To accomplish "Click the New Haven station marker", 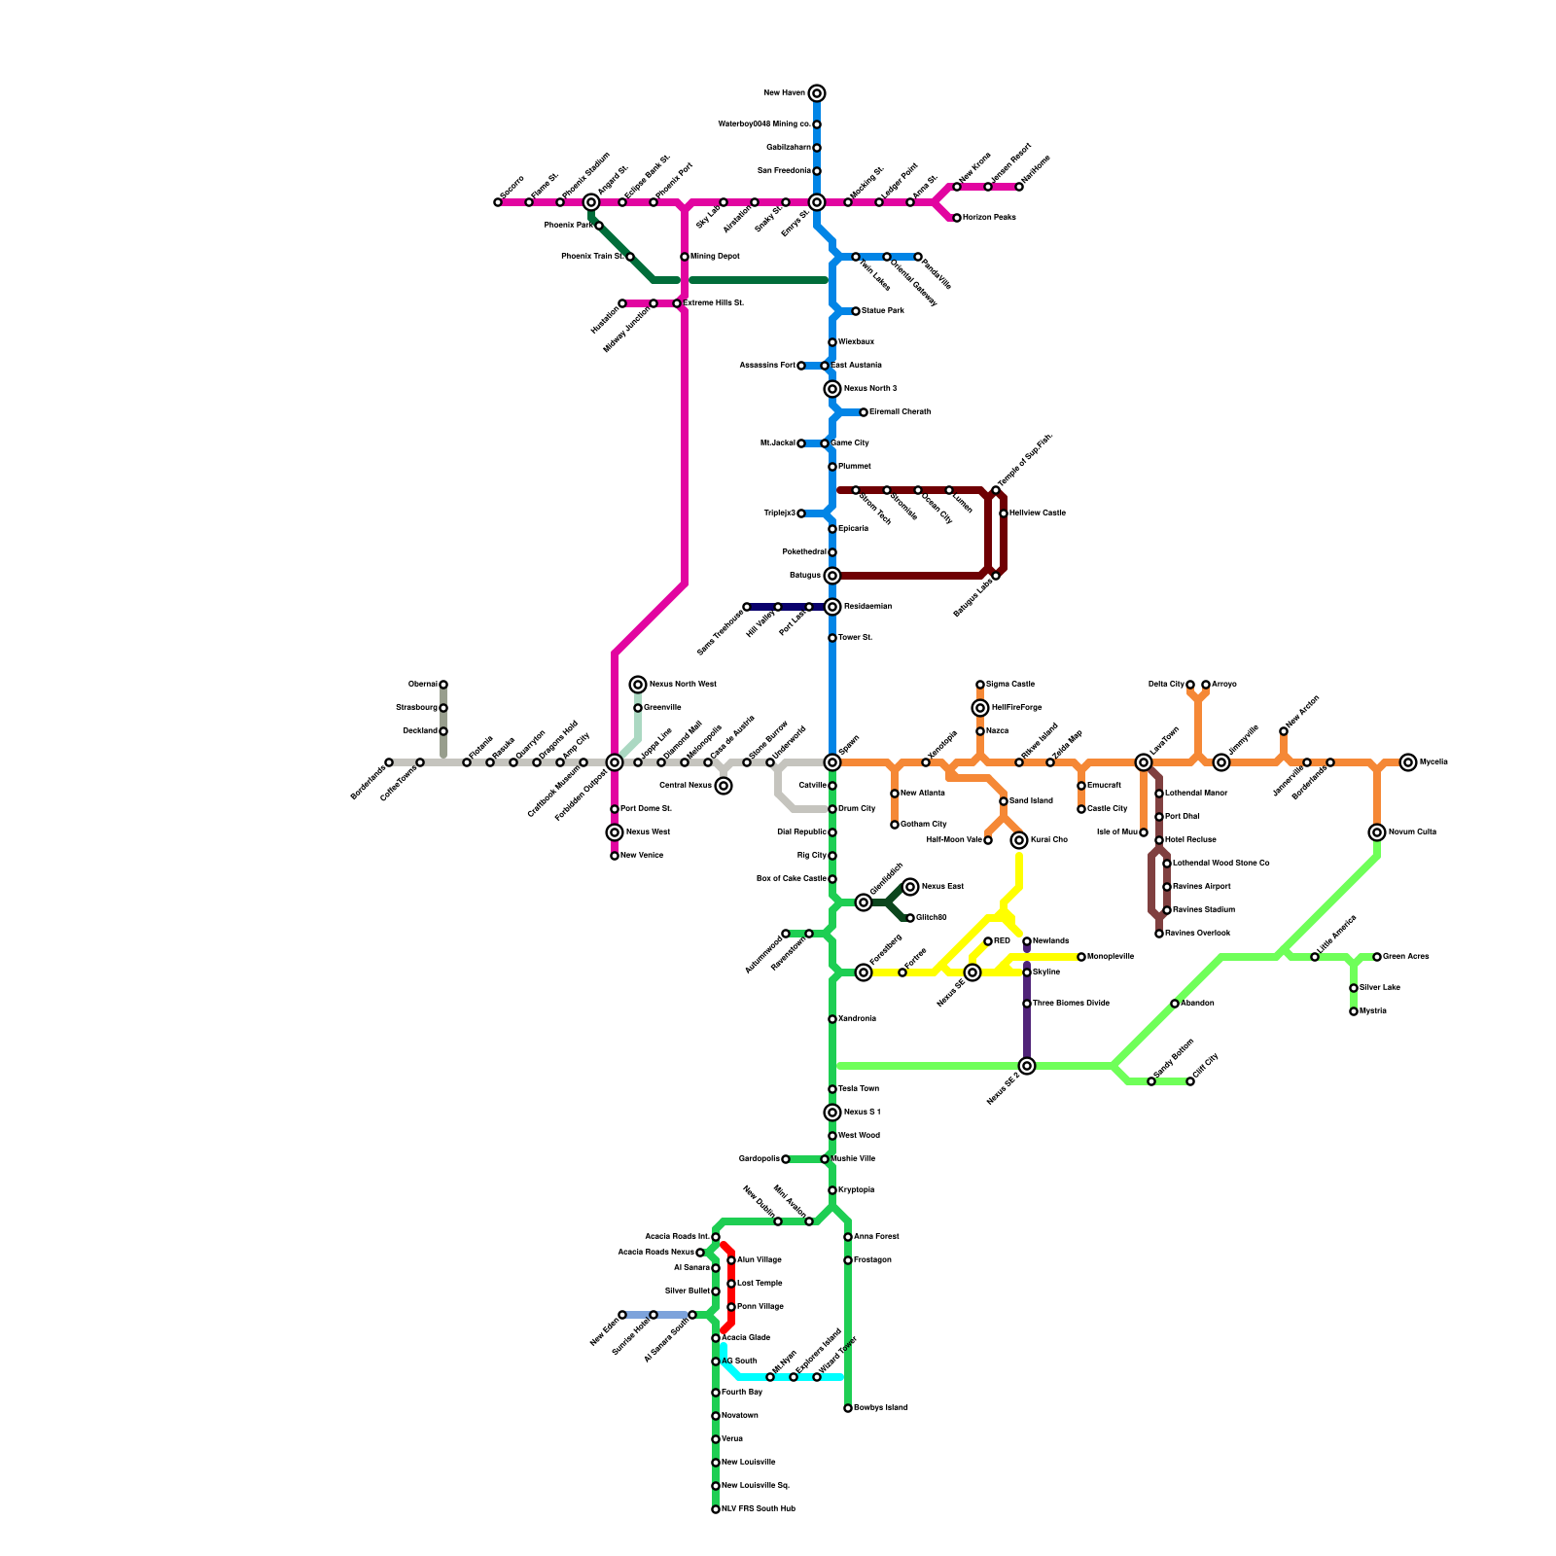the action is tap(817, 93).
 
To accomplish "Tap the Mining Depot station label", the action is tap(715, 257).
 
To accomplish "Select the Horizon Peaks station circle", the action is tap(957, 218).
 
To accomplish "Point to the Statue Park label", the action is tap(882, 311).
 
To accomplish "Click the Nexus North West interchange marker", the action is tap(638, 685).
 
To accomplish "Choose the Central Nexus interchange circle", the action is tap(724, 786).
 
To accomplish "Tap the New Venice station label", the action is tap(642, 856).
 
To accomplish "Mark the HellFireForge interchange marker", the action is tap(980, 708).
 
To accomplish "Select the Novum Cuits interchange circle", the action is tap(1377, 832).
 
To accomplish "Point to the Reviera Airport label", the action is tap(1201, 887).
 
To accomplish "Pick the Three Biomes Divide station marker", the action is tap(1027, 1004).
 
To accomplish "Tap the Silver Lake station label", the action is tap(1379, 988).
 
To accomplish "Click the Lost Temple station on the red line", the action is tap(731, 1284).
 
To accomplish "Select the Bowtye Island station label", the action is tap(880, 1408).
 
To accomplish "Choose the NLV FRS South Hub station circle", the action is tap(716, 1509).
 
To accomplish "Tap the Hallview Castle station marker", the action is tap(1004, 513).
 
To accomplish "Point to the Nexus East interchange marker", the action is tap(910, 887).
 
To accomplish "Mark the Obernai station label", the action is tap(422, 685).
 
